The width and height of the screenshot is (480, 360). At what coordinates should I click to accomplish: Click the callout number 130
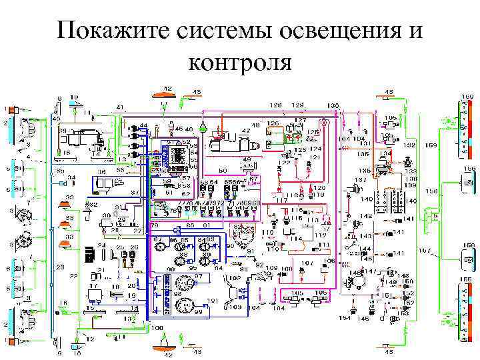coord(333,105)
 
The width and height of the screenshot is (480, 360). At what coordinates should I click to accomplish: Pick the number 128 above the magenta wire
coord(275,105)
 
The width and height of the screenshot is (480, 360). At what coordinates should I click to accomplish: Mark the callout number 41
coord(120,107)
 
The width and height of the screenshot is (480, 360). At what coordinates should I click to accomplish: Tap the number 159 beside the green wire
coord(431,145)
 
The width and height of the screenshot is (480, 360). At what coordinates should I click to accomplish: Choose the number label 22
coord(74,275)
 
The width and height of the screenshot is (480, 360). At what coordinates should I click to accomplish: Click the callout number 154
coord(344,319)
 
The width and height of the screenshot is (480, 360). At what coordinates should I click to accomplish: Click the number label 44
coord(143,126)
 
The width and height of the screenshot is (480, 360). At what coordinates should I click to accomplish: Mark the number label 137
coord(360,180)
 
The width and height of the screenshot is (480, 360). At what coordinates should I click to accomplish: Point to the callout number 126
coord(273,123)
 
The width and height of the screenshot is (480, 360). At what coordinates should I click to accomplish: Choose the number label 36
coord(101,171)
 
